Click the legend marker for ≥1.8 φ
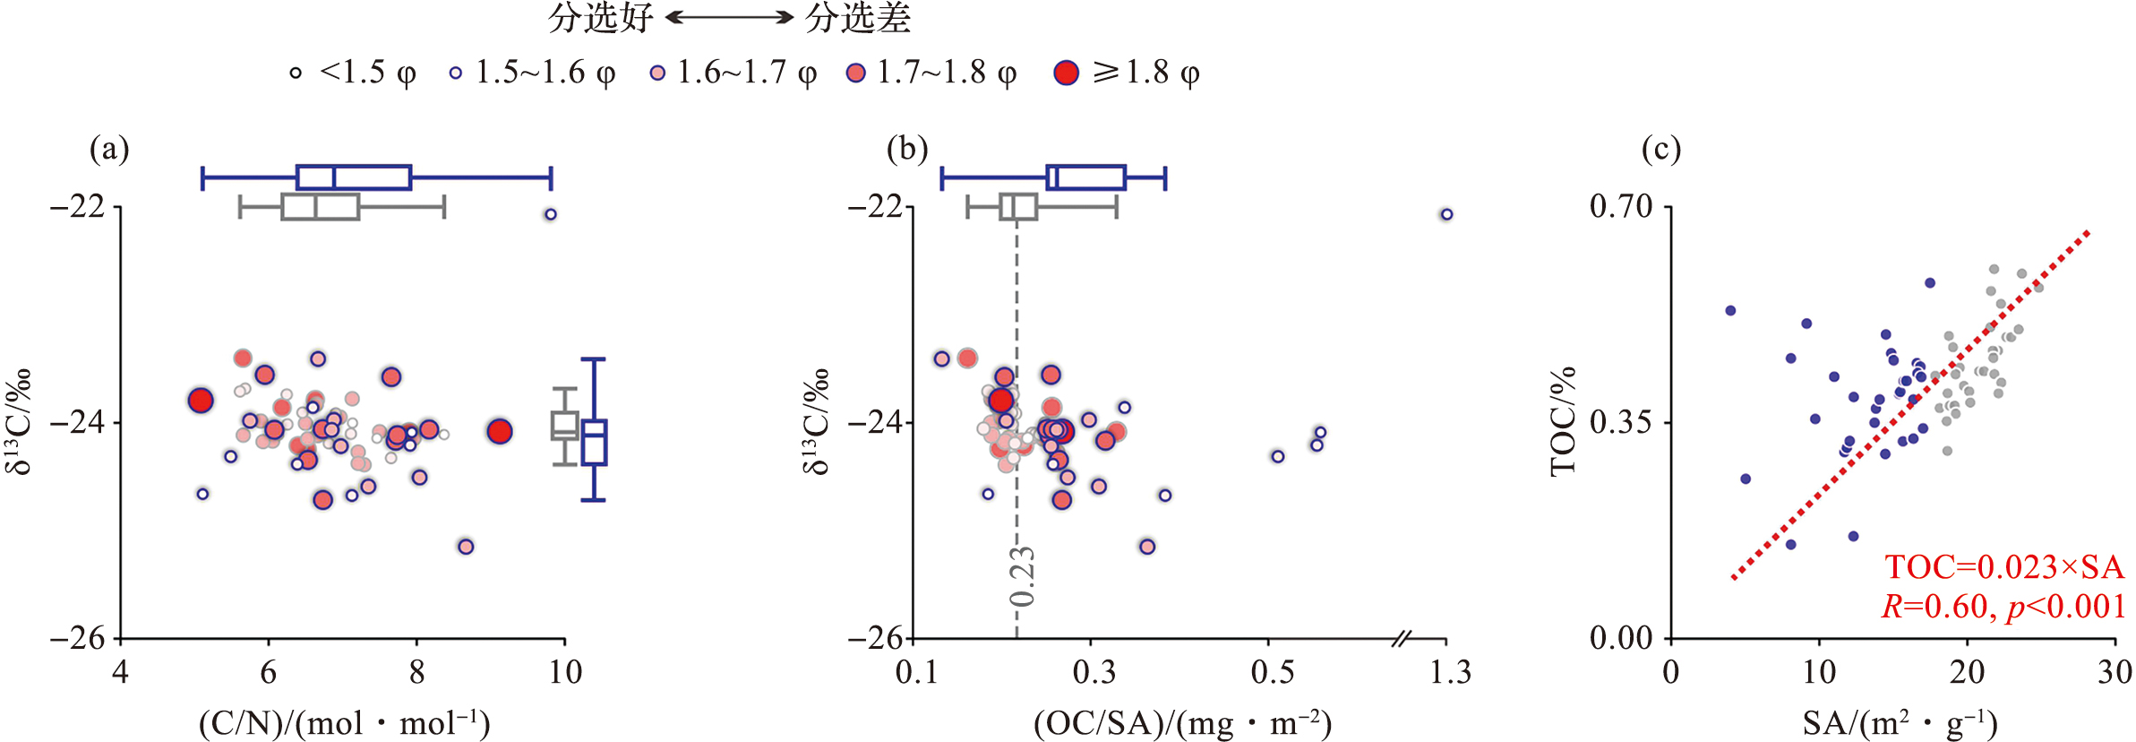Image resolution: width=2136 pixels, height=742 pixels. point(1066,73)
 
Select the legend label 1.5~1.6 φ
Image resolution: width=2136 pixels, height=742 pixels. point(545,73)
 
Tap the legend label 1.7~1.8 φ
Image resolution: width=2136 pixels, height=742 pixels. point(947,73)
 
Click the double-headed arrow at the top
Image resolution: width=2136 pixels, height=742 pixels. point(729,17)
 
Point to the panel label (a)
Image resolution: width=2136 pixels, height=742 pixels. point(109,148)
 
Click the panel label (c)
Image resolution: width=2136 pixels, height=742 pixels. point(1660,148)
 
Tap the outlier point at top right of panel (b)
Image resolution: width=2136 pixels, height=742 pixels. point(1446,214)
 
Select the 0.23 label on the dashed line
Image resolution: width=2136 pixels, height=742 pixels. point(1022,576)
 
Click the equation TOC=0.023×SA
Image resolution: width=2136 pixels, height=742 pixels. point(2004,567)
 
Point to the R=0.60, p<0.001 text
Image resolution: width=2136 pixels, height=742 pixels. point(2003,607)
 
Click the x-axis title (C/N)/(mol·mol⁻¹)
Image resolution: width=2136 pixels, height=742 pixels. point(345,723)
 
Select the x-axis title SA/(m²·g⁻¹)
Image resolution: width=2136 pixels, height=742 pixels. point(1900,723)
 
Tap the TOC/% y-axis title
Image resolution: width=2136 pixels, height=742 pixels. point(1563,421)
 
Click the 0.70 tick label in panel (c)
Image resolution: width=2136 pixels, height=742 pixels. point(1620,206)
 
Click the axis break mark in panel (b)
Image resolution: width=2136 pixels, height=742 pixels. point(1403,639)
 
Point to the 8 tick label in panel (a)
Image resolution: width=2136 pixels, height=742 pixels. point(416,672)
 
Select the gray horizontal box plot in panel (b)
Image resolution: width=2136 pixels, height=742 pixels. point(1019,207)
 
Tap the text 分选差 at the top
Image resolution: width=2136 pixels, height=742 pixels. point(857,17)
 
